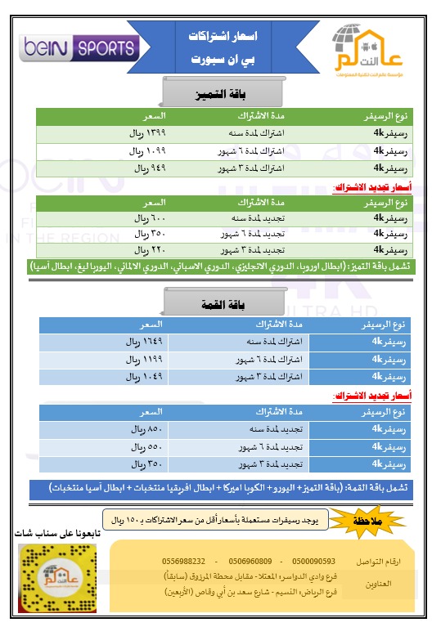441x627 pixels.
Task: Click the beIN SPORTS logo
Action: (78, 47)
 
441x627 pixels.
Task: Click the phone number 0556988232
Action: (184, 562)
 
